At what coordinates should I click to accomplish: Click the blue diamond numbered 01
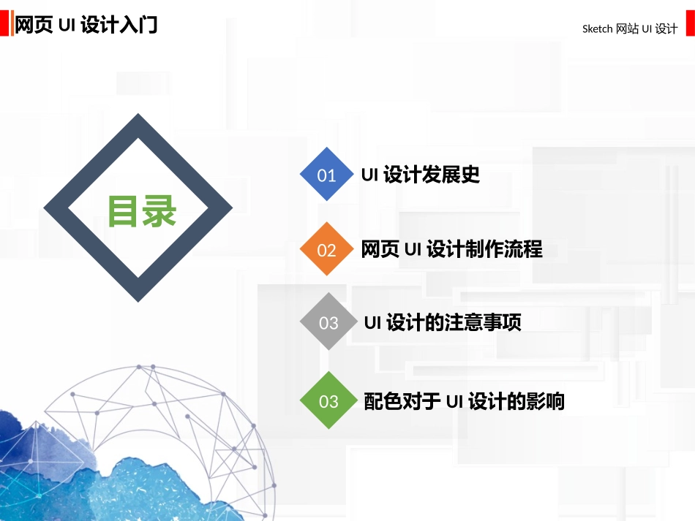pyautogui.click(x=327, y=175)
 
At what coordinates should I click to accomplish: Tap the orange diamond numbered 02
pyautogui.click(x=327, y=250)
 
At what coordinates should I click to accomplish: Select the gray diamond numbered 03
pyautogui.click(x=328, y=322)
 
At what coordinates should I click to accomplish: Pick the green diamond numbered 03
pyautogui.click(x=328, y=400)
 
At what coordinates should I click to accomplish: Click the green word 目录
pyautogui.click(x=142, y=211)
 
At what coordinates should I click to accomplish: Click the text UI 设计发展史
pyautogui.click(x=421, y=175)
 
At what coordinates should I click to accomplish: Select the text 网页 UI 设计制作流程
pyautogui.click(x=451, y=249)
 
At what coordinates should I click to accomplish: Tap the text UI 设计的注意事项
pyautogui.click(x=443, y=322)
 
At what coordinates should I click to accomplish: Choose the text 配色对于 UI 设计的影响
pyautogui.click(x=464, y=401)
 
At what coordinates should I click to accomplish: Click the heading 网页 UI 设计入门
pyautogui.click(x=86, y=26)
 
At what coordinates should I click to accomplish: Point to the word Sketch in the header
pyautogui.click(x=597, y=29)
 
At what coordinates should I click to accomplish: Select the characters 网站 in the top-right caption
pyautogui.click(x=627, y=29)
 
